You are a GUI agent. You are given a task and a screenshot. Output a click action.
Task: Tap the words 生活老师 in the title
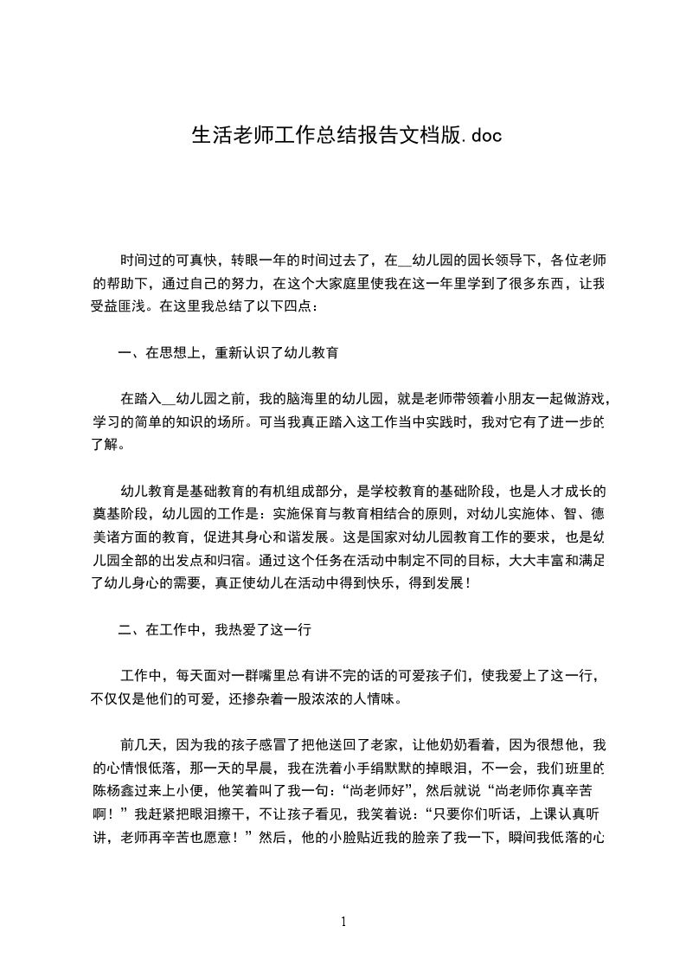pos(226,136)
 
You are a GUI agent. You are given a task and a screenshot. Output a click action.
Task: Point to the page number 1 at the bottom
pos(343,922)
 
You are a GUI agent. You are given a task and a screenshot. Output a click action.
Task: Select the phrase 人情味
pos(380,698)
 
